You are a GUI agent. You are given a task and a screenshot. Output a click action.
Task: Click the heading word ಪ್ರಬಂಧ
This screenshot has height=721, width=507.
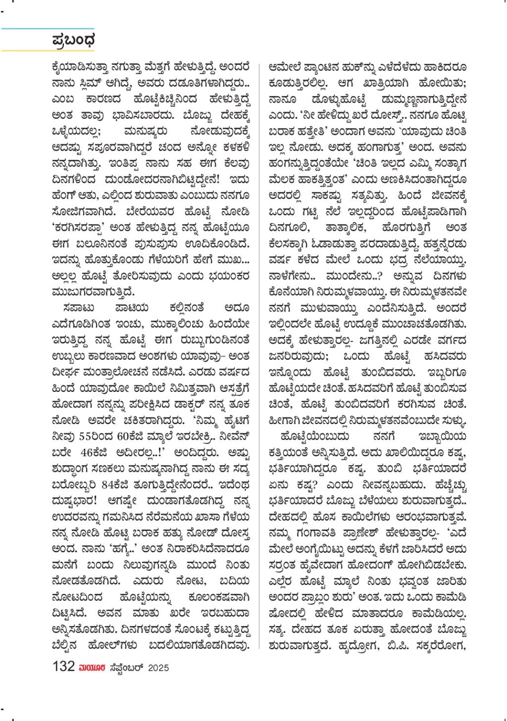click(73, 41)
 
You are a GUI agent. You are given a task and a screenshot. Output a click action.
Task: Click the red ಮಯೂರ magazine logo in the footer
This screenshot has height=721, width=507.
click(92, 667)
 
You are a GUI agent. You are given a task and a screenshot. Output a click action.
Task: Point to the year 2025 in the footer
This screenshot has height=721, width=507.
click(158, 668)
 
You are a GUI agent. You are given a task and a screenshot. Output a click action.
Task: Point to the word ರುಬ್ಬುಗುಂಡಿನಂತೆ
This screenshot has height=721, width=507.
click(215, 340)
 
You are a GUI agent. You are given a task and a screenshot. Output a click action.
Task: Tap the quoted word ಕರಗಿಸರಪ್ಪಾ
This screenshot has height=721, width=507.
click(79, 227)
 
